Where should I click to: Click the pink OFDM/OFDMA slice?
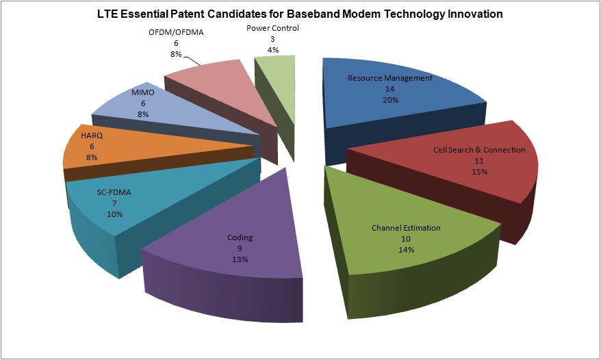click(212, 82)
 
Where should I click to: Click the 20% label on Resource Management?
click(389, 100)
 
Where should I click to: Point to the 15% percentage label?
click(479, 172)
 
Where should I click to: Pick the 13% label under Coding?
click(240, 259)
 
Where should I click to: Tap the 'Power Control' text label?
click(272, 28)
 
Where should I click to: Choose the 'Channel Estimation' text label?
click(406, 227)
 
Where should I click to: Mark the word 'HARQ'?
click(92, 136)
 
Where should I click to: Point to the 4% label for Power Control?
click(272, 50)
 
